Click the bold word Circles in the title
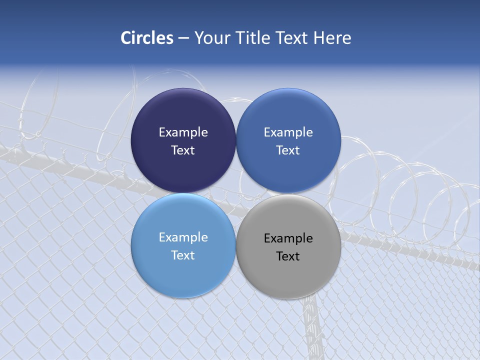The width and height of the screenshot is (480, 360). (147, 38)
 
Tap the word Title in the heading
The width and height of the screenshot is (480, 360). (253, 38)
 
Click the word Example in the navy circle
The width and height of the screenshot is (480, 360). (183, 132)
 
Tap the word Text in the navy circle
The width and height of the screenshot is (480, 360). (183, 150)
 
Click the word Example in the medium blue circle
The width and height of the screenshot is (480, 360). (288, 132)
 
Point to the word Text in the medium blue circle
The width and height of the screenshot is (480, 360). (288, 150)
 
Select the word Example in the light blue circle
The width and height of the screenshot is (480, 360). (183, 237)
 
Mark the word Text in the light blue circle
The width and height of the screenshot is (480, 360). (183, 255)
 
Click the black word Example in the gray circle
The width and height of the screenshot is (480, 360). (288, 238)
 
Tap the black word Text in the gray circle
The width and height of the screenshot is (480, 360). (288, 256)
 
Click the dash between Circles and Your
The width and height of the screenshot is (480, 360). (183, 38)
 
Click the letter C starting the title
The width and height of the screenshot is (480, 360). (126, 38)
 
